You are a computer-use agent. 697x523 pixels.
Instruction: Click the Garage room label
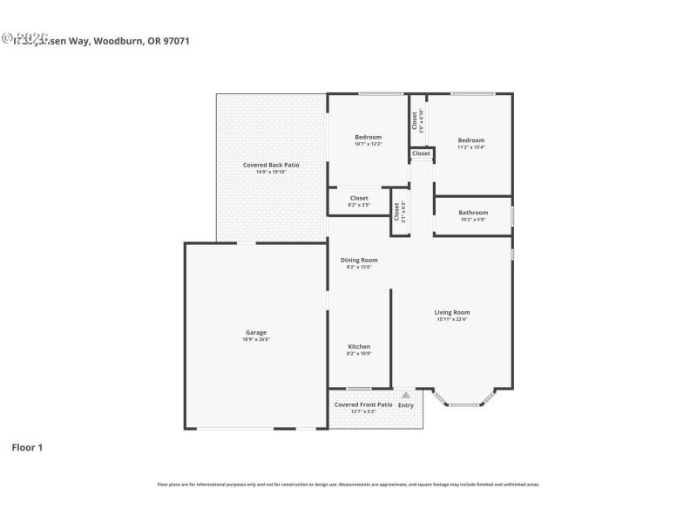255,332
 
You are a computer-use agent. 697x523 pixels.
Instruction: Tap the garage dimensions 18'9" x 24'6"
255,339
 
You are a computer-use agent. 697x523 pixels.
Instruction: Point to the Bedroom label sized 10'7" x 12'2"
368,137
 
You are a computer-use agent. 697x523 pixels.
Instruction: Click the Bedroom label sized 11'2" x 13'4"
470,140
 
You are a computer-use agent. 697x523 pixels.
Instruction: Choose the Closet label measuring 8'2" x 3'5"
359,198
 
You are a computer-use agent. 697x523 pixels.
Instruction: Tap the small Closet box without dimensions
422,153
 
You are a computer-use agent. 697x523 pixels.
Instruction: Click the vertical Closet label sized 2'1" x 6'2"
396,211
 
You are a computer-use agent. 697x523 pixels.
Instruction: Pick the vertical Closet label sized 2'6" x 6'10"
415,120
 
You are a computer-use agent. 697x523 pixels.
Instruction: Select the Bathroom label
473,213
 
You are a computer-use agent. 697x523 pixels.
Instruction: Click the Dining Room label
359,260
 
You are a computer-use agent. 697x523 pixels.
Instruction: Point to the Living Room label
452,312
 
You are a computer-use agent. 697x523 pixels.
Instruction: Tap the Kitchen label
359,346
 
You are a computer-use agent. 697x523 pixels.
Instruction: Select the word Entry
406,405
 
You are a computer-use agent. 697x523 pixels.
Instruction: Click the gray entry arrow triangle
405,395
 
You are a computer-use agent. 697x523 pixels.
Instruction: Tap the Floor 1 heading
27,447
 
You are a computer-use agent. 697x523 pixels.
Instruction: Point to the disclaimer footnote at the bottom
348,484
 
